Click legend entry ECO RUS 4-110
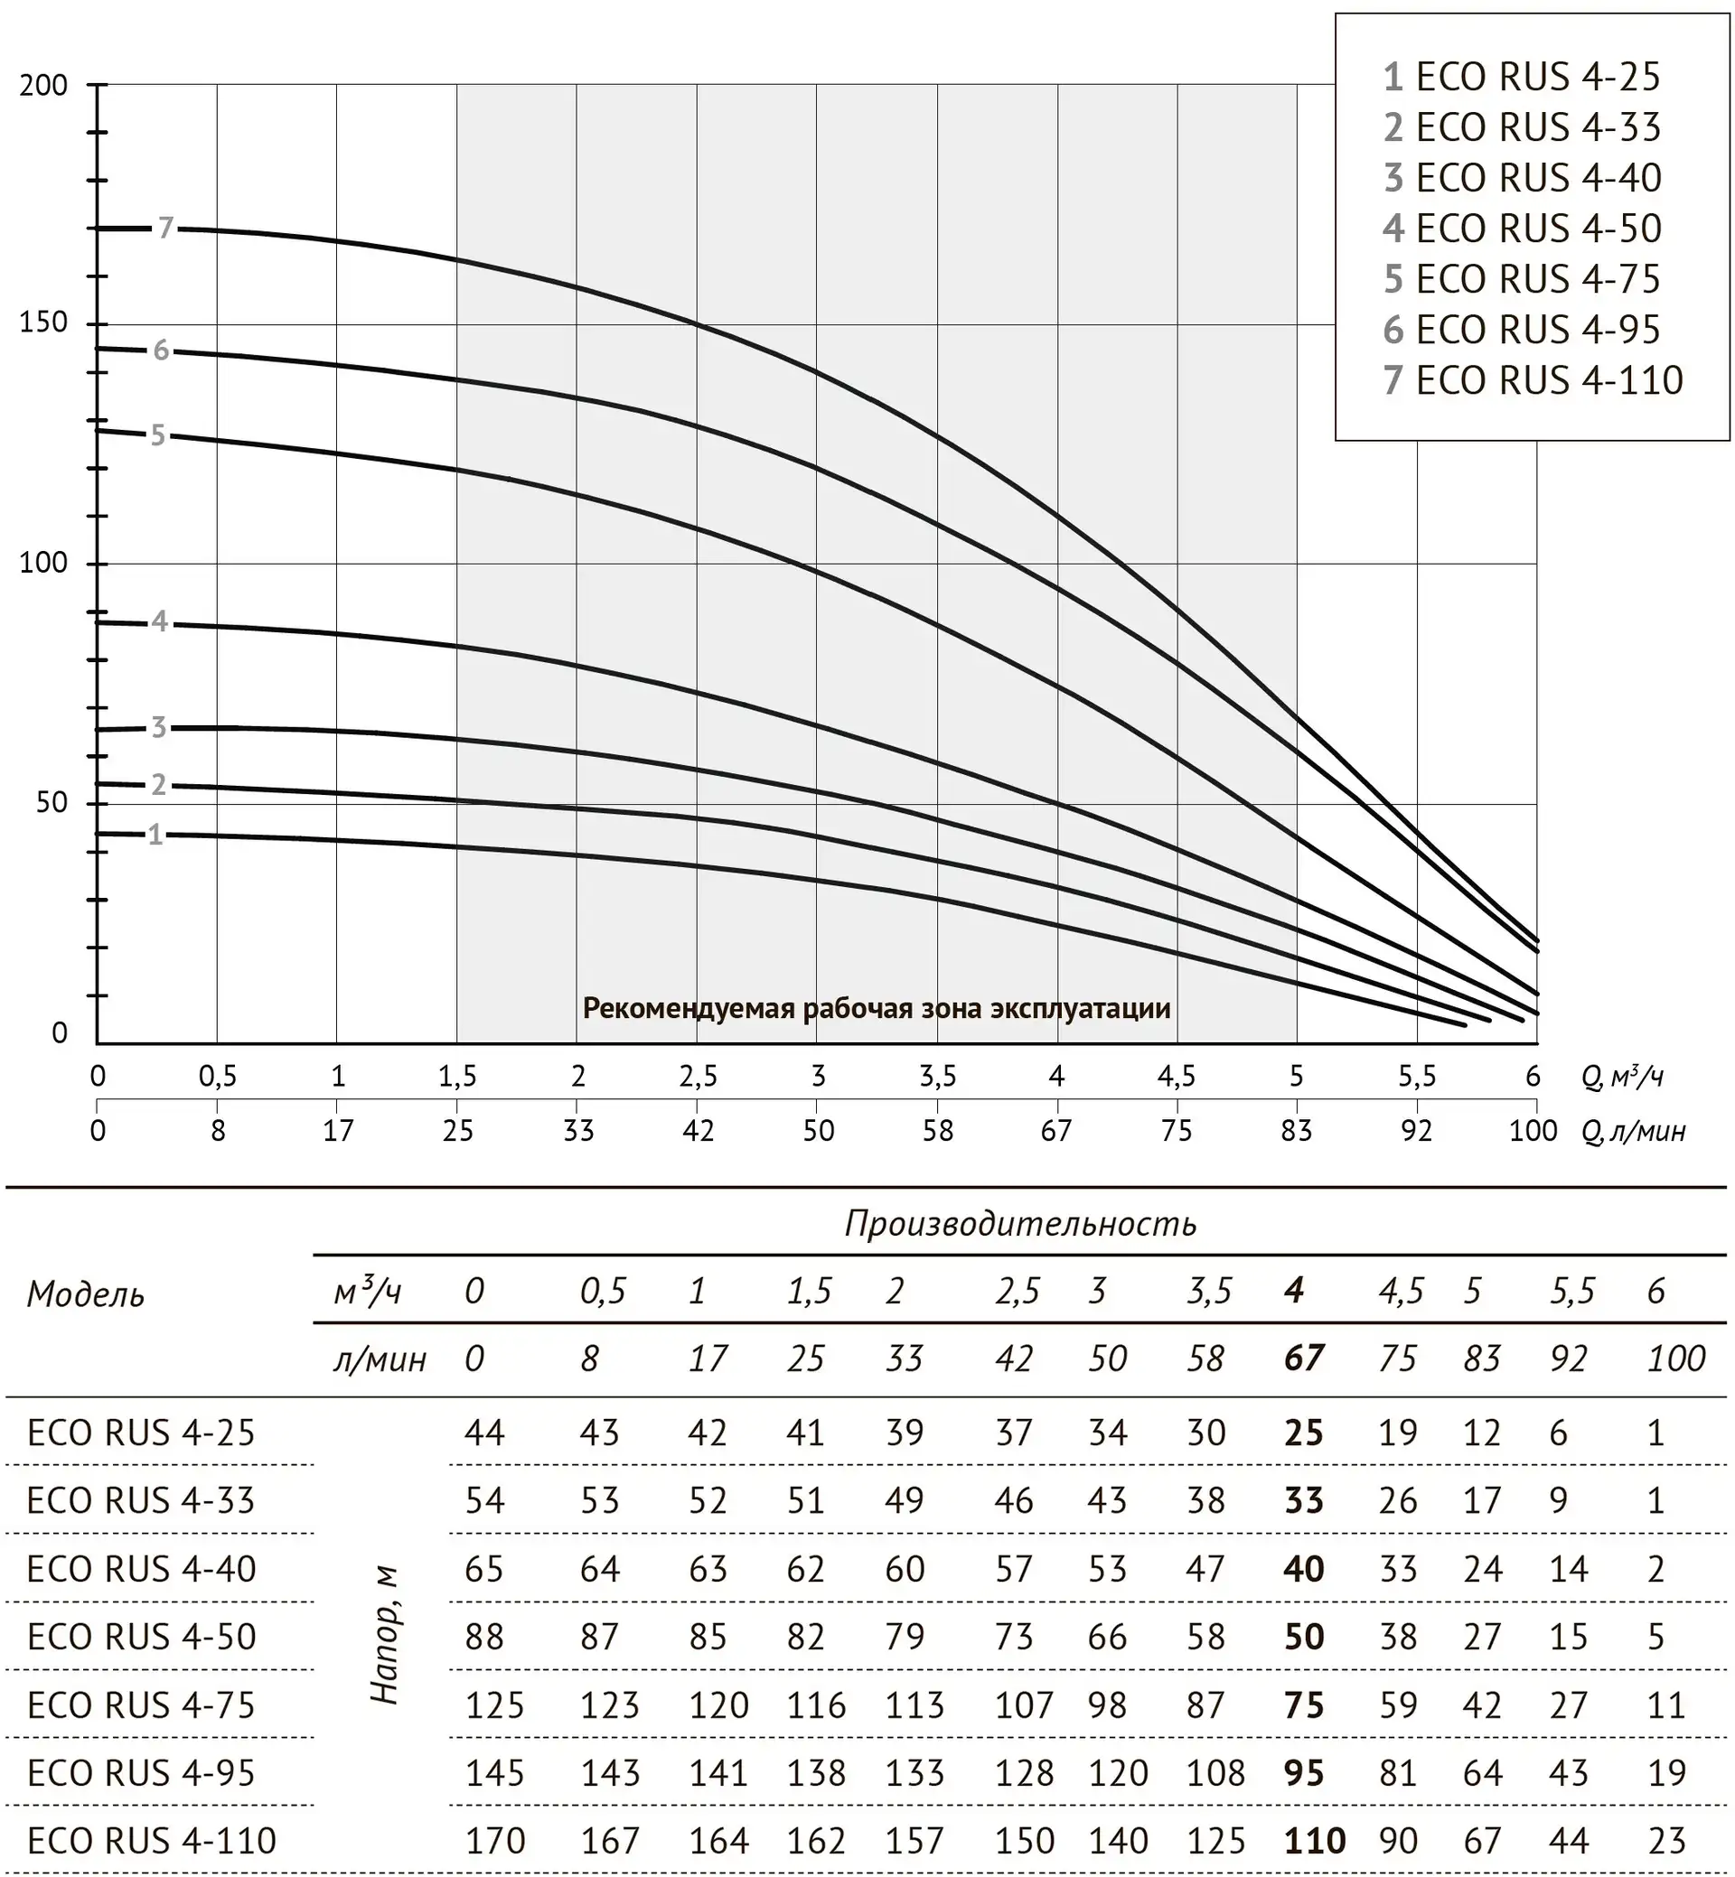pos(1533,380)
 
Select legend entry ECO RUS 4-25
pos(1522,77)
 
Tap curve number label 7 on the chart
pos(166,228)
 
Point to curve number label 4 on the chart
pos(160,621)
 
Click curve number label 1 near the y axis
pos(155,835)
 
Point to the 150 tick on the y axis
pos(43,322)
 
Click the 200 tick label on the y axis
pos(43,86)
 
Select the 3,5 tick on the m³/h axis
pos(937,1077)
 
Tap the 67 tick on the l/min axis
pos(1056,1131)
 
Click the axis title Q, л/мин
pos(1634,1132)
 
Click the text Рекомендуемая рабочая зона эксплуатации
pos(877,1009)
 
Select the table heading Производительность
pos(1020,1224)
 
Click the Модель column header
pos(86,1295)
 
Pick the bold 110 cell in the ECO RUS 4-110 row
pos(1315,1842)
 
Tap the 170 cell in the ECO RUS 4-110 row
pos(495,1842)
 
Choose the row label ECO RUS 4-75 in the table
pos(141,1705)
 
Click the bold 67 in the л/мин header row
pos(1304,1359)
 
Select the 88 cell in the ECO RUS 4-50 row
pos(484,1637)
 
